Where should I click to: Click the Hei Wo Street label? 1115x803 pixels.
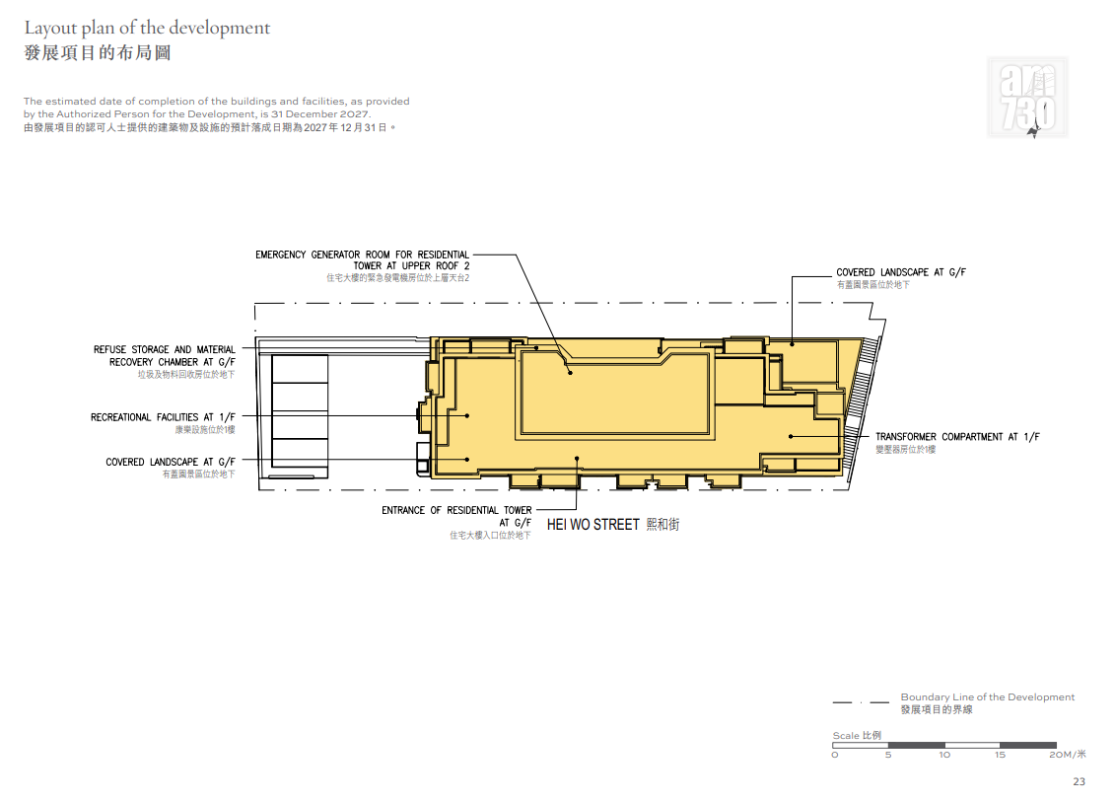coord(613,525)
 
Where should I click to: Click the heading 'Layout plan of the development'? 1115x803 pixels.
coord(147,28)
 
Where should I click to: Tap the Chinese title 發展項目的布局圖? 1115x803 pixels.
coord(98,53)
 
